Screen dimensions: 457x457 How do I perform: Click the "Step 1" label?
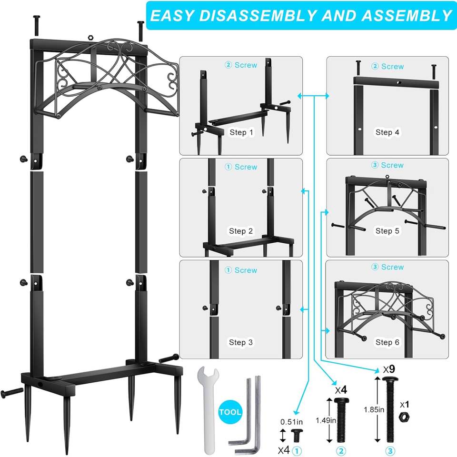[241, 132]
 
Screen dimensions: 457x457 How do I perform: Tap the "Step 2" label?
[240, 231]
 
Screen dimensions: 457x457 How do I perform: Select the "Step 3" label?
[240, 342]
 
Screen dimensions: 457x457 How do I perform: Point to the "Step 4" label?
[387, 132]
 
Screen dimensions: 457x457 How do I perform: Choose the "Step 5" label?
[387, 231]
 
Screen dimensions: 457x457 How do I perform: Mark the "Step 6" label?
[387, 342]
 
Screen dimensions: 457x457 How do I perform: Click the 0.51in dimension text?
[292, 422]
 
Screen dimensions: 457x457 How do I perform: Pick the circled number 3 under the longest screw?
[390, 451]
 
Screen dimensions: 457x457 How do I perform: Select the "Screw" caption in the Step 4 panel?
[392, 67]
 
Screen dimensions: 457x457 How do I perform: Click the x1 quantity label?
[404, 404]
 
